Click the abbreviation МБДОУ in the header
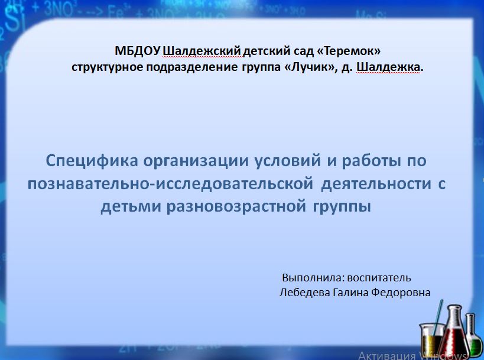click(138, 51)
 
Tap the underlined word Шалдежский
click(202, 51)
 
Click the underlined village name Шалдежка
click(388, 67)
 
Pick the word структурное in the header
click(107, 67)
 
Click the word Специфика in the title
click(92, 161)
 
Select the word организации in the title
click(196, 161)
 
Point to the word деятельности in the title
click(376, 184)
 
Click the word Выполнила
click(313, 278)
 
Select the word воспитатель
click(379, 278)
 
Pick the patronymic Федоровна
click(401, 292)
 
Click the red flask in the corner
click(455, 333)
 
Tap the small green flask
click(473, 336)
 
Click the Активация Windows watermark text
click(412, 356)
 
